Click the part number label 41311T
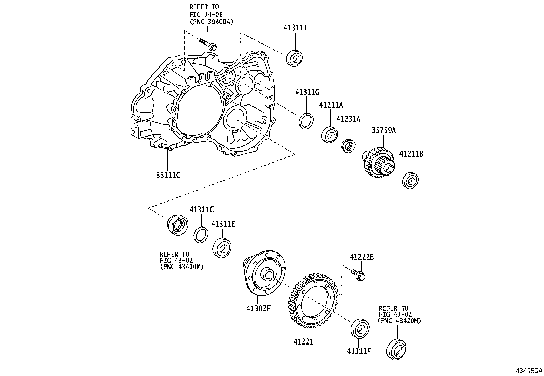point(295,28)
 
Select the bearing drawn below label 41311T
point(295,58)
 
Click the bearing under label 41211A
point(330,134)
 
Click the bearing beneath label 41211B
point(410,180)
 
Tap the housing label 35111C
point(168,176)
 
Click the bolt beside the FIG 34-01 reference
point(208,44)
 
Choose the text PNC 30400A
point(211,21)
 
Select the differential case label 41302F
point(258,308)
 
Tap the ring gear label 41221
point(303,341)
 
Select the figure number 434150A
point(529,371)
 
